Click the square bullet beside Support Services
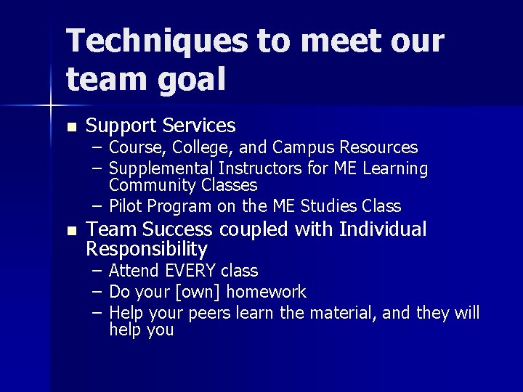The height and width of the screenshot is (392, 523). click(x=70, y=126)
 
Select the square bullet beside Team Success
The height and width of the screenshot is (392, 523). click(x=70, y=231)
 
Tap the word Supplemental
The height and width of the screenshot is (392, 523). click(x=156, y=169)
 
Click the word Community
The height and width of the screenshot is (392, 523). click(x=145, y=185)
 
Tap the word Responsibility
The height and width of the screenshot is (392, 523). click(x=147, y=250)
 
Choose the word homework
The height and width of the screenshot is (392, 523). click(x=268, y=292)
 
